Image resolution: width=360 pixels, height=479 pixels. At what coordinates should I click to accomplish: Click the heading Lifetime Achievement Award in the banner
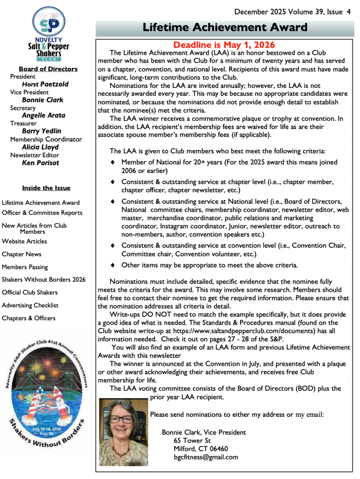225,28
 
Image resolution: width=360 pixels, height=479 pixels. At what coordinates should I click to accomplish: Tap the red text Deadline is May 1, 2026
224,45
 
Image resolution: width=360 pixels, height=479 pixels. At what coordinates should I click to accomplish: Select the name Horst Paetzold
45,84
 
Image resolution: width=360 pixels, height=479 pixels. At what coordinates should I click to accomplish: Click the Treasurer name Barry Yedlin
42,131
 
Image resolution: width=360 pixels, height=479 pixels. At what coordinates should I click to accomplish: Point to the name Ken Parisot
41,163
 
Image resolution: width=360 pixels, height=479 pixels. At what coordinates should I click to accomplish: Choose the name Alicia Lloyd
40,147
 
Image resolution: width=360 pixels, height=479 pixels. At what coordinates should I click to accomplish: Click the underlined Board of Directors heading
48,69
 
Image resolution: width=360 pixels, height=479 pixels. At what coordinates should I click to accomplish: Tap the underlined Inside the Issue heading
46,188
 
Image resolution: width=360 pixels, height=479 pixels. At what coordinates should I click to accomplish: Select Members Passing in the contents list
25,267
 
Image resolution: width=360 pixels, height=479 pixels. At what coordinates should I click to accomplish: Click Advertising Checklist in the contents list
30,305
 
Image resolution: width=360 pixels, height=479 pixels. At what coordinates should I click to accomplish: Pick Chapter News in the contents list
22,254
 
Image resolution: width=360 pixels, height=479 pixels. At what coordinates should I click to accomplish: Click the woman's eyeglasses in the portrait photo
122,419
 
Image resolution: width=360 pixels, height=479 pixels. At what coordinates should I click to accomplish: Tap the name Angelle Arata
44,116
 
